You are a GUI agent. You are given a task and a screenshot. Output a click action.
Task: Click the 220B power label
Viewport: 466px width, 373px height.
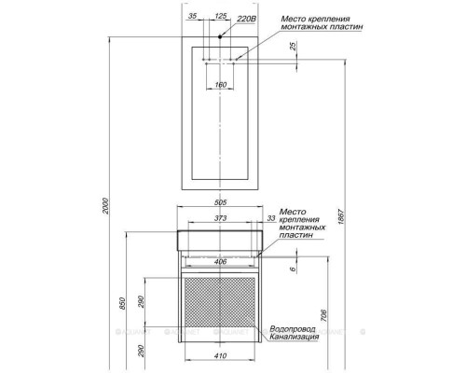[x=246, y=19]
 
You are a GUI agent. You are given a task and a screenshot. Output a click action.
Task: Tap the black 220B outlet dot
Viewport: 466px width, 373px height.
[x=220, y=36]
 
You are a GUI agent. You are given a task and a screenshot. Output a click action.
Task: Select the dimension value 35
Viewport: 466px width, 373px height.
[x=193, y=16]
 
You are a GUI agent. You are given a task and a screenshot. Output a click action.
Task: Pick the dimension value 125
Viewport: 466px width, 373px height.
[x=221, y=16]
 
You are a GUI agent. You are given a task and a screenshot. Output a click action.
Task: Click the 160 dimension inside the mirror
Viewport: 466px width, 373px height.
[x=221, y=85]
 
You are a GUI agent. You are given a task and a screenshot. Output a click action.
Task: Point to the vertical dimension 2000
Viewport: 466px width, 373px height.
[x=105, y=206]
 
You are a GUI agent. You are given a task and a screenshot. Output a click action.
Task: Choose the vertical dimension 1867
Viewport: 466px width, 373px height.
[x=341, y=217]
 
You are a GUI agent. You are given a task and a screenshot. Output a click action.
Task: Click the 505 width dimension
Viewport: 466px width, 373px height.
[x=221, y=202]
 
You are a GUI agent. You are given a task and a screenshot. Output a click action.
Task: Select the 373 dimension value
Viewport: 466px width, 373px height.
[x=220, y=218]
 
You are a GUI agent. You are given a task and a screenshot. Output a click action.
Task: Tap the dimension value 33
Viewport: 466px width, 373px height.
[x=271, y=218]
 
